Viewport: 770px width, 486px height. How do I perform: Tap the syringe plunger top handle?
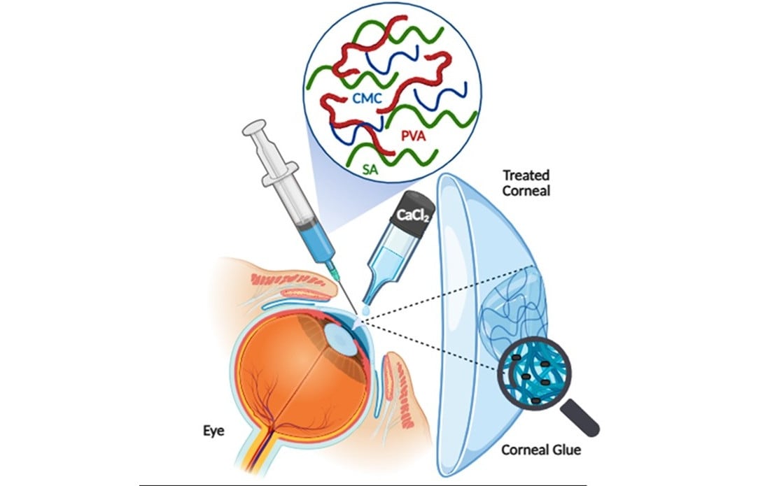click(x=253, y=131)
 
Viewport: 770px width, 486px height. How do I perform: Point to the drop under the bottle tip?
click(x=365, y=310)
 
